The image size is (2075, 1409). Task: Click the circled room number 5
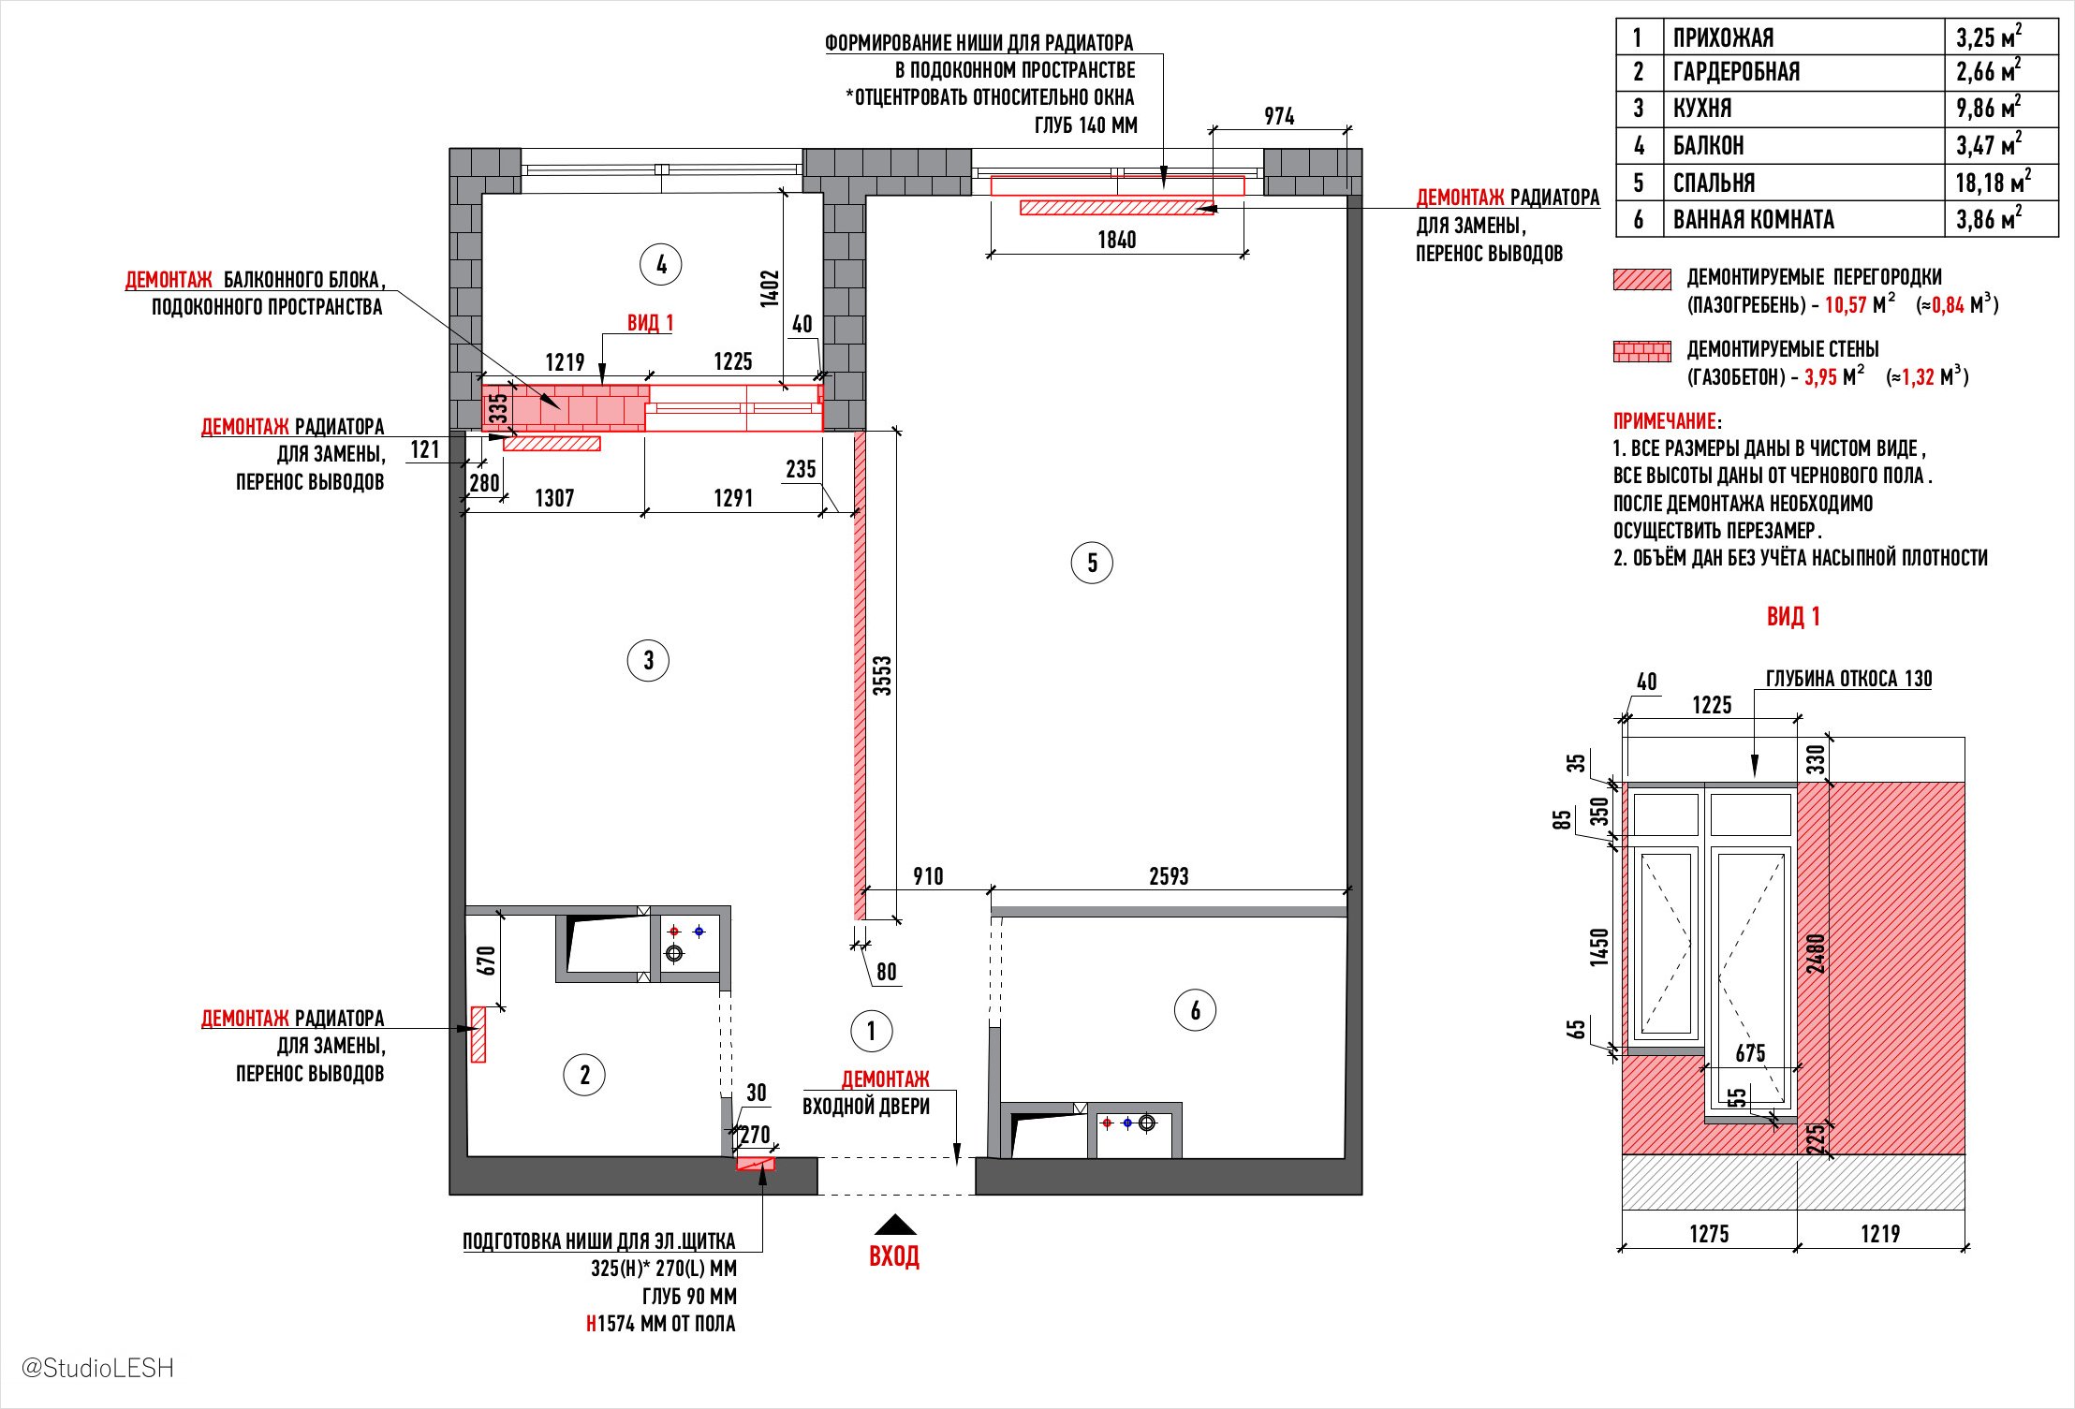[x=1092, y=563]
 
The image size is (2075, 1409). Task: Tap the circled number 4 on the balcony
[x=661, y=265]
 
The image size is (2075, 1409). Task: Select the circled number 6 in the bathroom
[x=1195, y=1010]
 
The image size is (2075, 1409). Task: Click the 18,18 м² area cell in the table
[x=1993, y=183]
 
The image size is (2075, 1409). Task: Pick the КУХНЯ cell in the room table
[x=1702, y=109]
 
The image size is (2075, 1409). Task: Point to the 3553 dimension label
[x=882, y=675]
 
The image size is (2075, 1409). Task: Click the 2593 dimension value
[x=1169, y=876]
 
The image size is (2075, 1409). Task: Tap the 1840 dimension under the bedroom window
[x=1116, y=241]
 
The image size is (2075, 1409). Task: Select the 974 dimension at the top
[x=1279, y=116]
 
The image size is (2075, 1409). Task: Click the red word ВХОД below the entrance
[x=894, y=1256]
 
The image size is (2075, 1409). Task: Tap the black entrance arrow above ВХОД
[x=895, y=1225]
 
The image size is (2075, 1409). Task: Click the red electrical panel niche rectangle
[x=756, y=1164]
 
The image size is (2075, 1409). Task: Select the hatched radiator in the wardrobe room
[x=478, y=1034]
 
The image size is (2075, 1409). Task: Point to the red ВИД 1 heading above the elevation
[x=1793, y=616]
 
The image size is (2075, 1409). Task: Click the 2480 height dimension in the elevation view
[x=1816, y=953]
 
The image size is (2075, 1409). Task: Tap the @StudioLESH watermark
[x=97, y=1368]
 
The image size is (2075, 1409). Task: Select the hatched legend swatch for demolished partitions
[x=1641, y=279]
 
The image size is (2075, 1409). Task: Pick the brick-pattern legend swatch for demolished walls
[x=1641, y=352]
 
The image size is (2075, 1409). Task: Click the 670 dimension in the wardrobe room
[x=485, y=961]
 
